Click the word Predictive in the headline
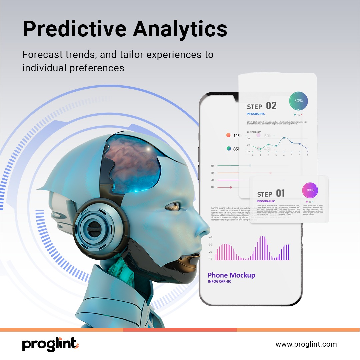point(74,29)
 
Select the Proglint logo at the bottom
point(50,344)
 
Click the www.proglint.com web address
point(306,344)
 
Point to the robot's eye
point(172,206)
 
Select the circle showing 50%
point(298,101)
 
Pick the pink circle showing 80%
point(310,190)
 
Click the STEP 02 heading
point(262,106)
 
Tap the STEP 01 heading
point(271,194)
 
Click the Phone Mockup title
point(231,275)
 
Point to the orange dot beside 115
point(228,135)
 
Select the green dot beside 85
point(229,149)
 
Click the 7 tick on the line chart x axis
point(307,155)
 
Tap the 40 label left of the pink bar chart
point(210,237)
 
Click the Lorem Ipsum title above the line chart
point(254,132)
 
